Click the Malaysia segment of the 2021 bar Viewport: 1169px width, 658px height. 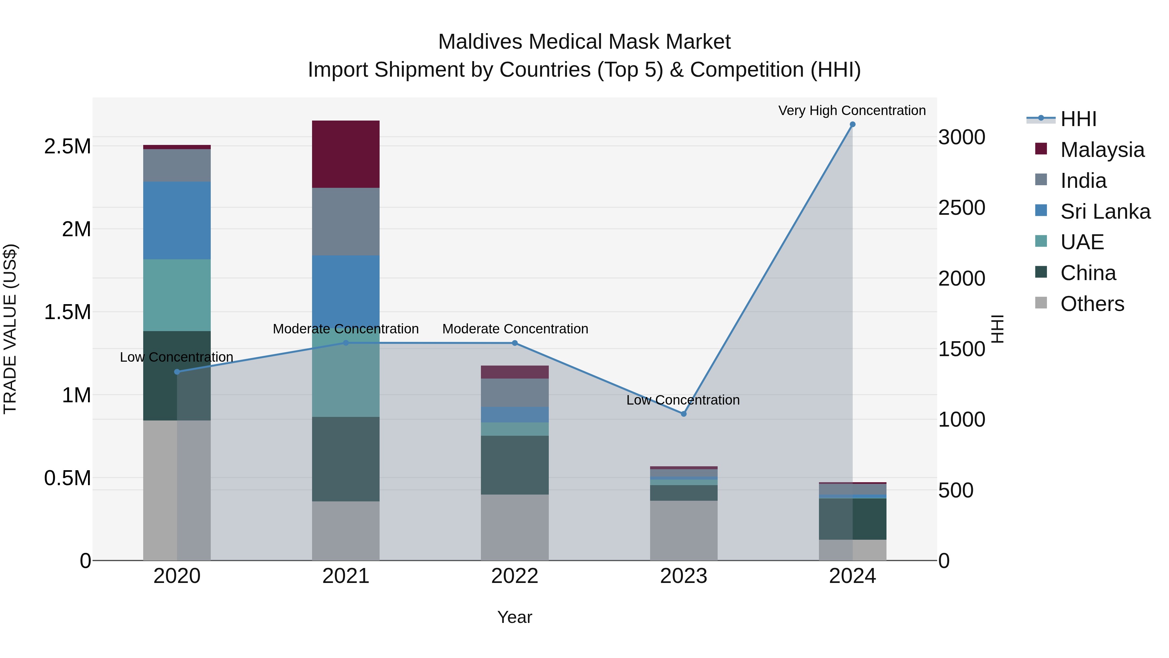[x=346, y=154]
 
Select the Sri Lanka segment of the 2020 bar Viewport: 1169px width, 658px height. [x=177, y=220]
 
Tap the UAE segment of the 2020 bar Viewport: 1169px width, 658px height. [x=177, y=295]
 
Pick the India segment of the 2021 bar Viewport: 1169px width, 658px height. [x=346, y=221]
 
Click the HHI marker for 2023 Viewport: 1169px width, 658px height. [x=684, y=414]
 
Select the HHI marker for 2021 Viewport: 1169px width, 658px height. [x=346, y=343]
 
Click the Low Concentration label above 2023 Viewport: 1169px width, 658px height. [x=683, y=400]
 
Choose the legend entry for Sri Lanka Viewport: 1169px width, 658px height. [x=1105, y=212]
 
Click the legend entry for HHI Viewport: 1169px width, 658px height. [x=1078, y=119]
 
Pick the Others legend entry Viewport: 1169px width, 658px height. [x=1092, y=304]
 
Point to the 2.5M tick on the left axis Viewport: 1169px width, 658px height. [x=67, y=146]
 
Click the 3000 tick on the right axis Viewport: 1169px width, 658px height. [x=961, y=137]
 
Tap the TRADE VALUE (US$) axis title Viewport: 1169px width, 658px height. [x=10, y=329]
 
